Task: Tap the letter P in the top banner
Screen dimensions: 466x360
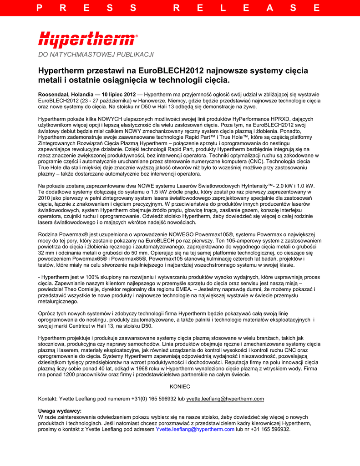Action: [40, 8]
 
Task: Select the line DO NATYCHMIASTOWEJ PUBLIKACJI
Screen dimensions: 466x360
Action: [96, 55]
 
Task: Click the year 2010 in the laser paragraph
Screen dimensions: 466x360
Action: [45, 198]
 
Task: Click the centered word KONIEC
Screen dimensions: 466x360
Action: [180, 386]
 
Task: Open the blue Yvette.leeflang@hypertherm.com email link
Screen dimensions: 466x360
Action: [195, 429]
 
